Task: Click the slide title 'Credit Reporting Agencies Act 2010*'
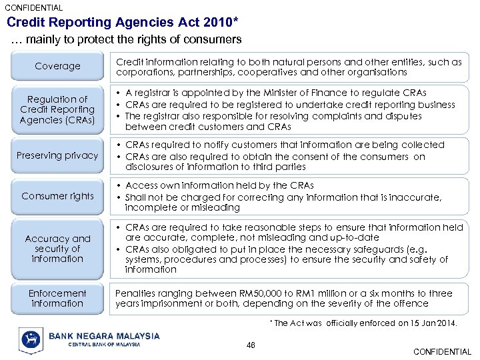click(123, 22)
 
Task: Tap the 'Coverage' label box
click(57, 66)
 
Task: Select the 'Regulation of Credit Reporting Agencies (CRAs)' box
click(57, 109)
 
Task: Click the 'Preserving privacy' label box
click(57, 155)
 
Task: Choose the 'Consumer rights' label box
click(57, 196)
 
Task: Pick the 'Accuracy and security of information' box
click(57, 248)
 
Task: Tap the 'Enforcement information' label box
click(57, 298)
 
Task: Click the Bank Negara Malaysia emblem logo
click(31, 340)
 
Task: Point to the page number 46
click(251, 344)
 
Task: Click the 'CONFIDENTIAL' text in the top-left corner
click(34, 8)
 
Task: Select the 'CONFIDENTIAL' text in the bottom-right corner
click(442, 352)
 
